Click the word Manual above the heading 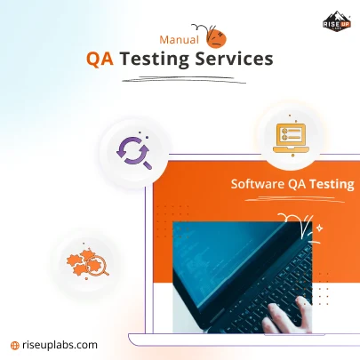pyautogui.click(x=178, y=40)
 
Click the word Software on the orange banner pyautogui.click(x=259, y=184)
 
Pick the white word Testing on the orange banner pyautogui.click(x=332, y=184)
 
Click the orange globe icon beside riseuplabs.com pyautogui.click(x=14, y=344)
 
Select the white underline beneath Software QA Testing pyautogui.click(x=293, y=197)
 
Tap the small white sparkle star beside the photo pyautogui.click(x=319, y=228)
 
